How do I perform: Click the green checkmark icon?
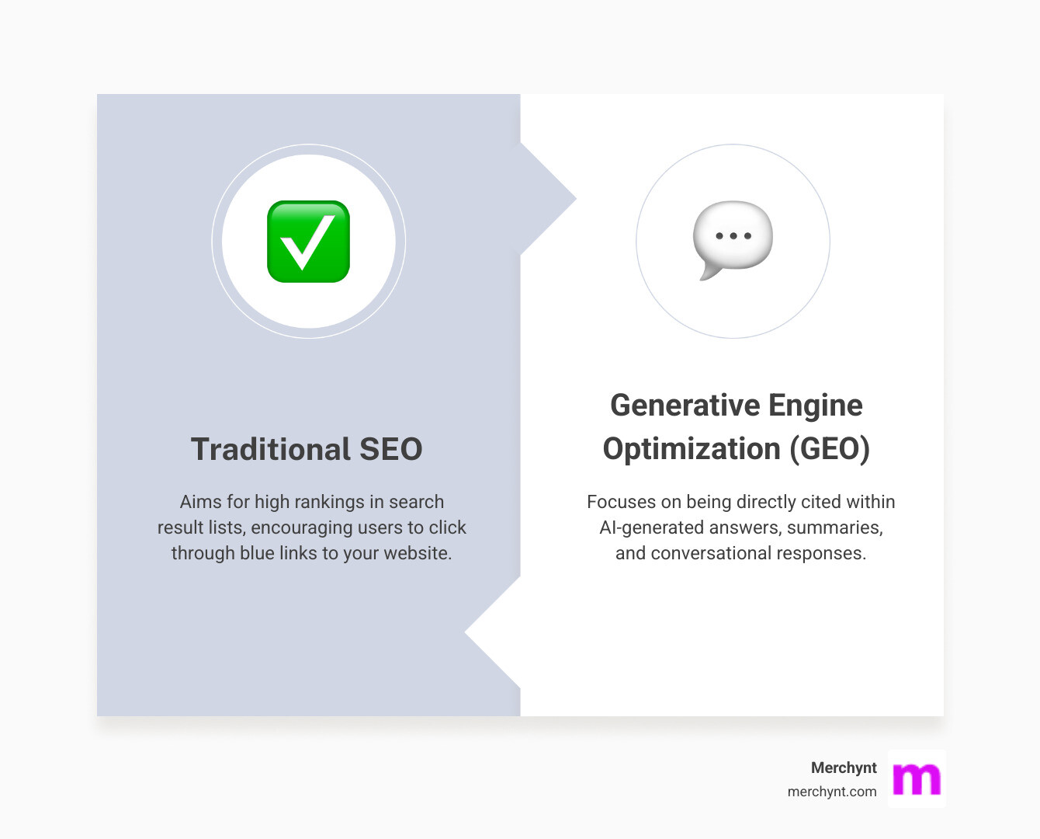point(308,241)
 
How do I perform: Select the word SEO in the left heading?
point(391,449)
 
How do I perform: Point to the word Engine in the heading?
point(816,406)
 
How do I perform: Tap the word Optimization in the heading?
point(692,449)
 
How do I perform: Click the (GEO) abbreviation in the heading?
point(830,449)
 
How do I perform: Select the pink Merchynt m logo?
point(917,778)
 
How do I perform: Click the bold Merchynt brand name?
point(844,768)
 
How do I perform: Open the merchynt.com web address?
point(832,792)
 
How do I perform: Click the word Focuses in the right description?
point(621,502)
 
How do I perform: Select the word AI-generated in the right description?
point(653,527)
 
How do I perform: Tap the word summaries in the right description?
point(835,527)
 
